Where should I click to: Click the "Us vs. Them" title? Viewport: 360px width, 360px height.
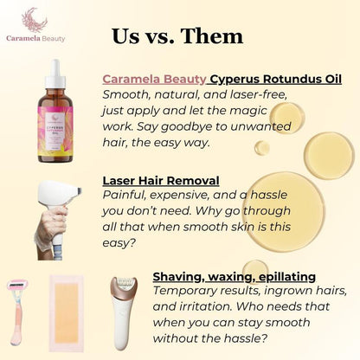point(177,35)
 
